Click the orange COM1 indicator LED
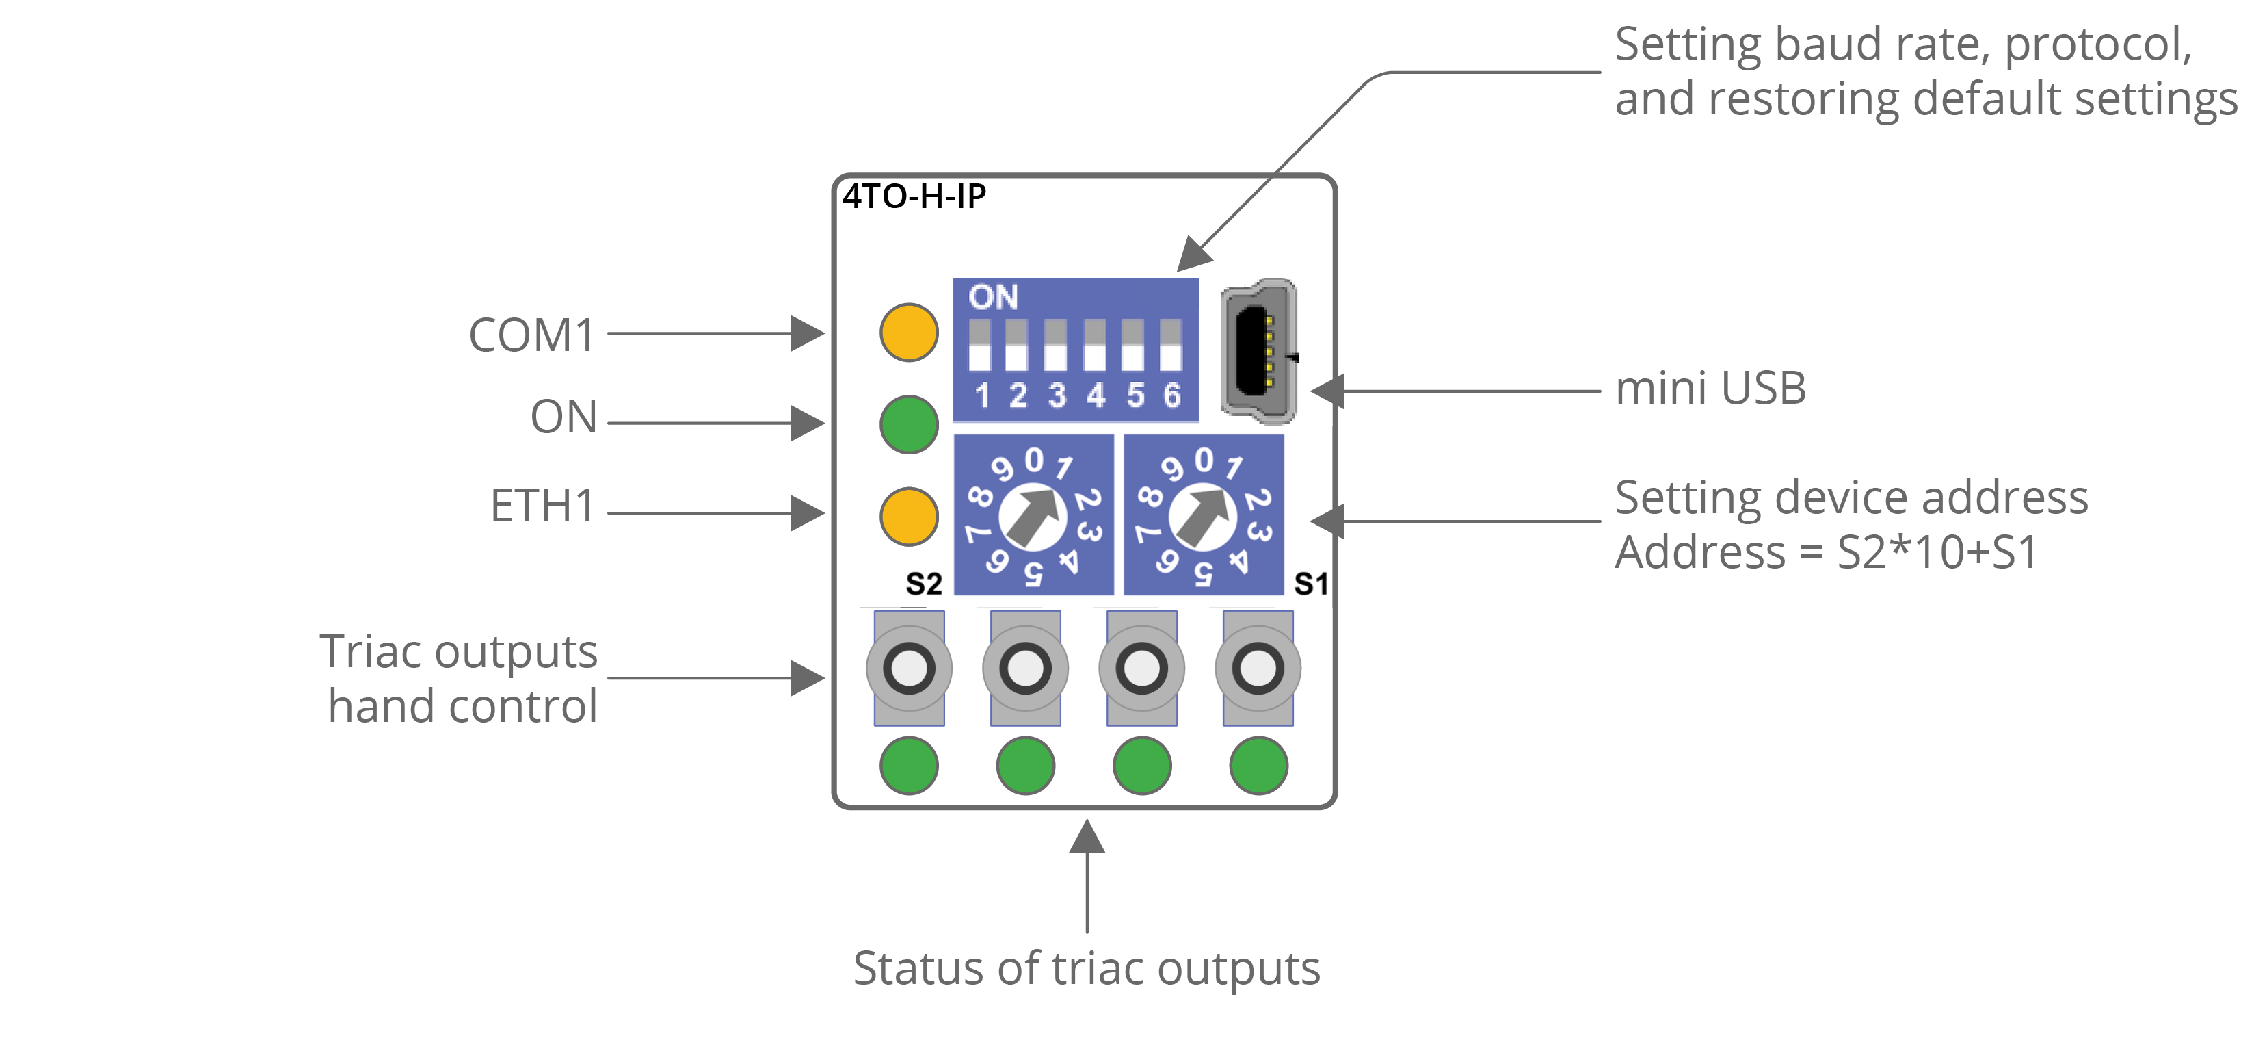[908, 333]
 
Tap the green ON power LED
[908, 424]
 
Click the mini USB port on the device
[1258, 352]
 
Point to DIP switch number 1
[979, 346]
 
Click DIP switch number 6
[1171, 346]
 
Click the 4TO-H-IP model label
[914, 197]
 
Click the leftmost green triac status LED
[908, 766]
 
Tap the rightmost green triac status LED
[1258, 766]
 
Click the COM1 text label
[532, 335]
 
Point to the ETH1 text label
[542, 506]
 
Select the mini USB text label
[1710, 389]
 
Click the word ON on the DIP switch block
[993, 298]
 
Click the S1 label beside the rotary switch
[1311, 584]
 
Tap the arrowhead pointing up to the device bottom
[1087, 837]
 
